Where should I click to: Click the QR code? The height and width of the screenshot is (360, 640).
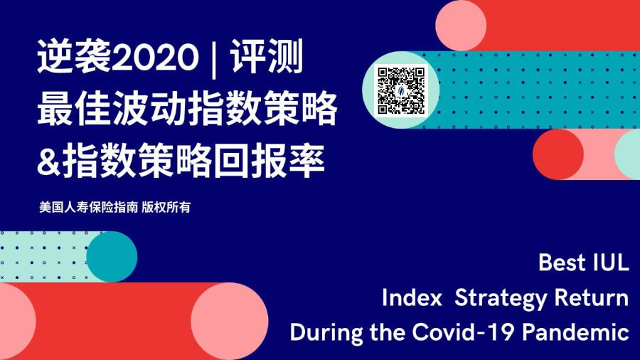point(401,90)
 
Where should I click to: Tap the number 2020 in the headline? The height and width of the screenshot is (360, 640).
point(155,58)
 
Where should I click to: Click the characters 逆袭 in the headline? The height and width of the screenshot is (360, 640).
point(74,57)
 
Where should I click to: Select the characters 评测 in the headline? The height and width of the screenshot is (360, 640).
point(267,57)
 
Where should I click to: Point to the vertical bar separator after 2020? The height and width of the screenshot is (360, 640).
point(214,58)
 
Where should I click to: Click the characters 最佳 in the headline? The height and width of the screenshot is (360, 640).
point(74,109)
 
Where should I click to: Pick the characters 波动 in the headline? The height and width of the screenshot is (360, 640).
point(149,109)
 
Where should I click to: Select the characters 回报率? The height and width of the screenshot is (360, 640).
point(270,160)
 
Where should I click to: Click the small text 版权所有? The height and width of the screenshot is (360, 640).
point(166,207)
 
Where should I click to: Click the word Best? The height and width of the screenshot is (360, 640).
point(562,263)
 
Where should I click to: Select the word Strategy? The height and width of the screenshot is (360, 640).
point(501,298)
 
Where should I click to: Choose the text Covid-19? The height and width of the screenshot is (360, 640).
point(463,332)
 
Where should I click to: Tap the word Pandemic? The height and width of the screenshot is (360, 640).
point(576,332)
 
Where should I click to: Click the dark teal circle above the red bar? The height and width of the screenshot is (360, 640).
point(112,257)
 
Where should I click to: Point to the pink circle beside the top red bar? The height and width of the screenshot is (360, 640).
point(461,26)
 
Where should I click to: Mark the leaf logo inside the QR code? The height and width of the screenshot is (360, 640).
point(401,90)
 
